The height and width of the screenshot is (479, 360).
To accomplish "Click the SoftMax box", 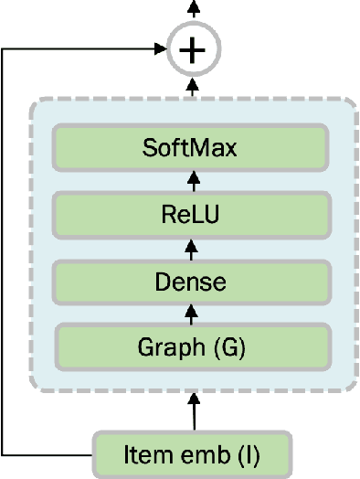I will click(x=191, y=146).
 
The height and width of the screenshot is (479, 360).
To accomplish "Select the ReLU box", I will click(x=191, y=215).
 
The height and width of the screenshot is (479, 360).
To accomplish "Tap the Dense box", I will click(x=191, y=282).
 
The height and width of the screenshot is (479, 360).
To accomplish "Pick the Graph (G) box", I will click(x=191, y=347).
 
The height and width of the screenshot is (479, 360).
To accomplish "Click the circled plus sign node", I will click(x=192, y=50).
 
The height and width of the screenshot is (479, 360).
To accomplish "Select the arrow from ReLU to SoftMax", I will click(x=192, y=180).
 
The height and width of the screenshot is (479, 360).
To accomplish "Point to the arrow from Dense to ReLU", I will click(x=192, y=248).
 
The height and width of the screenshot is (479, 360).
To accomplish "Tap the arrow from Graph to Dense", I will click(x=192, y=314).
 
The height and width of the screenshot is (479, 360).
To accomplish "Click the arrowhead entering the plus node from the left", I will click(x=160, y=50).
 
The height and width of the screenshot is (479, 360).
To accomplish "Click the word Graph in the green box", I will click(x=168, y=348).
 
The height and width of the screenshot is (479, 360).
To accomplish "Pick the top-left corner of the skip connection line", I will click(x=4, y=50).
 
